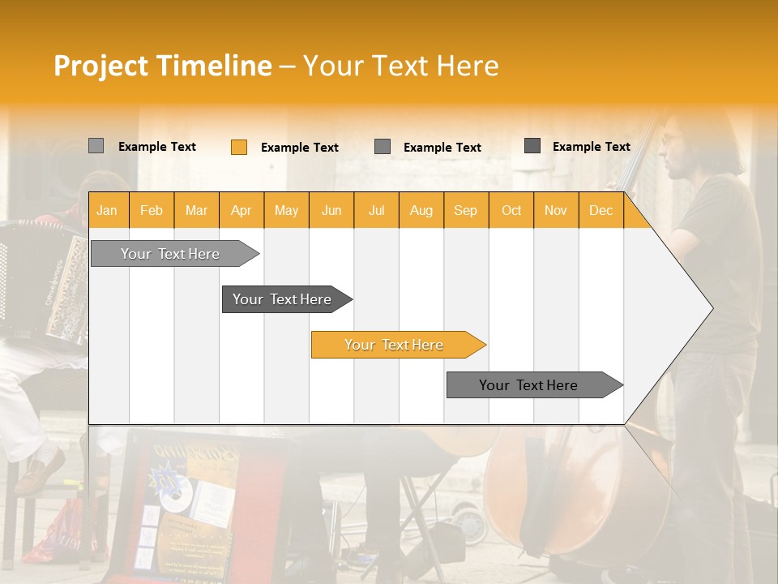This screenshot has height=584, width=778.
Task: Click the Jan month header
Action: [x=107, y=211]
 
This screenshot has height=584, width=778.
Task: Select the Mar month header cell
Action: [x=196, y=211]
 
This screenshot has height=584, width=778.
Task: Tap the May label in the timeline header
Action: [x=286, y=211]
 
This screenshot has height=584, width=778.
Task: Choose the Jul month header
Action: [x=376, y=211]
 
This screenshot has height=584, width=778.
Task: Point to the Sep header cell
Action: [x=465, y=211]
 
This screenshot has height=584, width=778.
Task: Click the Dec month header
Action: [x=601, y=211]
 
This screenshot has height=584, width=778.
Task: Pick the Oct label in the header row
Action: [x=511, y=211]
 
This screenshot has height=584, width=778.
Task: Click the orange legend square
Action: [x=238, y=147]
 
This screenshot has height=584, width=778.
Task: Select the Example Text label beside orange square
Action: [x=299, y=148]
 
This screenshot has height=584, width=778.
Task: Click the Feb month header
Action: [x=152, y=211]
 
